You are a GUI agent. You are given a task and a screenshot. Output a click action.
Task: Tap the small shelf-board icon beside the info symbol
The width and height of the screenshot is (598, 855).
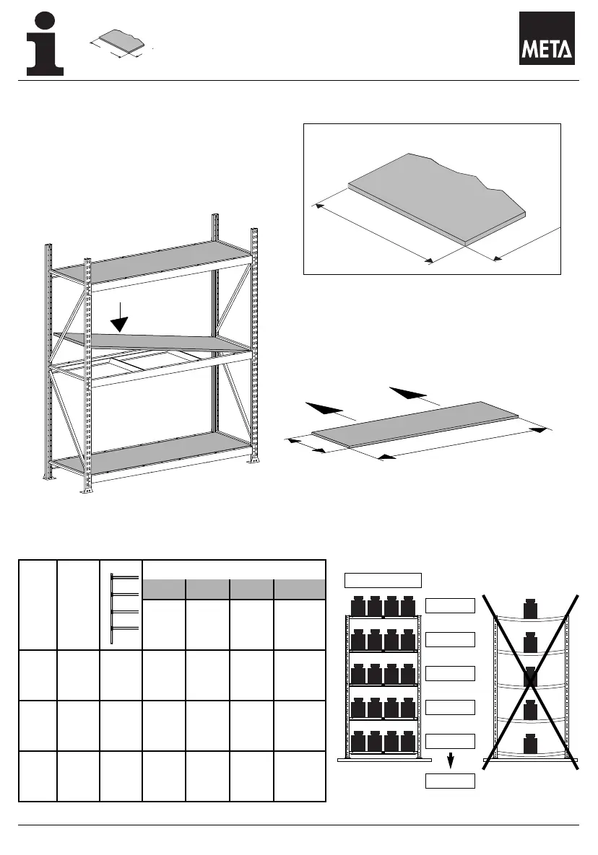tap(120, 43)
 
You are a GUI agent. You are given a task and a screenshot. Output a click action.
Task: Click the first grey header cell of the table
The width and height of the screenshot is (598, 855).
tap(164, 589)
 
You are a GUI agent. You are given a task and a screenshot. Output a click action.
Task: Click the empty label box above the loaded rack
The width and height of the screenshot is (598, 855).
tap(383, 579)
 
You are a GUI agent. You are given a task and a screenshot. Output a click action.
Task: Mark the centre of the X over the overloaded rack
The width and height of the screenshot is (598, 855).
tap(532, 678)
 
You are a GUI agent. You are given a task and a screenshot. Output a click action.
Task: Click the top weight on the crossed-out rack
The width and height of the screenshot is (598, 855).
tap(532, 608)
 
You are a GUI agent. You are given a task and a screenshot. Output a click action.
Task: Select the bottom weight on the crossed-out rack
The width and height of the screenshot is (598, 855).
tap(532, 744)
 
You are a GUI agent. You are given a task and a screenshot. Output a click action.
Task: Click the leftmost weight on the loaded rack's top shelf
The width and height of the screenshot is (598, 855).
tap(358, 606)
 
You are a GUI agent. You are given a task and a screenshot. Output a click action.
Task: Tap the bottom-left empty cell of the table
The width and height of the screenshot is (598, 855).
tap(38, 776)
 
